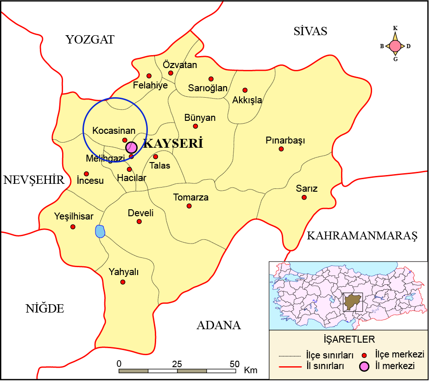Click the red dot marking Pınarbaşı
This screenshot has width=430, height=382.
[281, 149]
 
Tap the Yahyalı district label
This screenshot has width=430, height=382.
[123, 272]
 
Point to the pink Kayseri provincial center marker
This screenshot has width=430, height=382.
[132, 147]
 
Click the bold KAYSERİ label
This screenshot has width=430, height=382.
[173, 144]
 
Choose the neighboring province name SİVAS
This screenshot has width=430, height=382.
[310, 31]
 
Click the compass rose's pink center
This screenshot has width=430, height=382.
[395, 46]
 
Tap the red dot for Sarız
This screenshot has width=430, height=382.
[304, 197]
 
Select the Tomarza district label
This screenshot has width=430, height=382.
[191, 198]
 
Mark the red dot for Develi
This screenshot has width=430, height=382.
[139, 222]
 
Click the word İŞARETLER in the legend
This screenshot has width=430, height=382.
[348, 339]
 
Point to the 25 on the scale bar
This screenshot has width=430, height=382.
[177, 363]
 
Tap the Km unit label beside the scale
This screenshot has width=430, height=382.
[250, 370]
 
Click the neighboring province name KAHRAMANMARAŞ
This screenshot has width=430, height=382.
[362, 236]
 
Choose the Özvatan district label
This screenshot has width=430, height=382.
[180, 65]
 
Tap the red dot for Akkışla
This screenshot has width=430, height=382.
[245, 90]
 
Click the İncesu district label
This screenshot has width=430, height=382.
[90, 181]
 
